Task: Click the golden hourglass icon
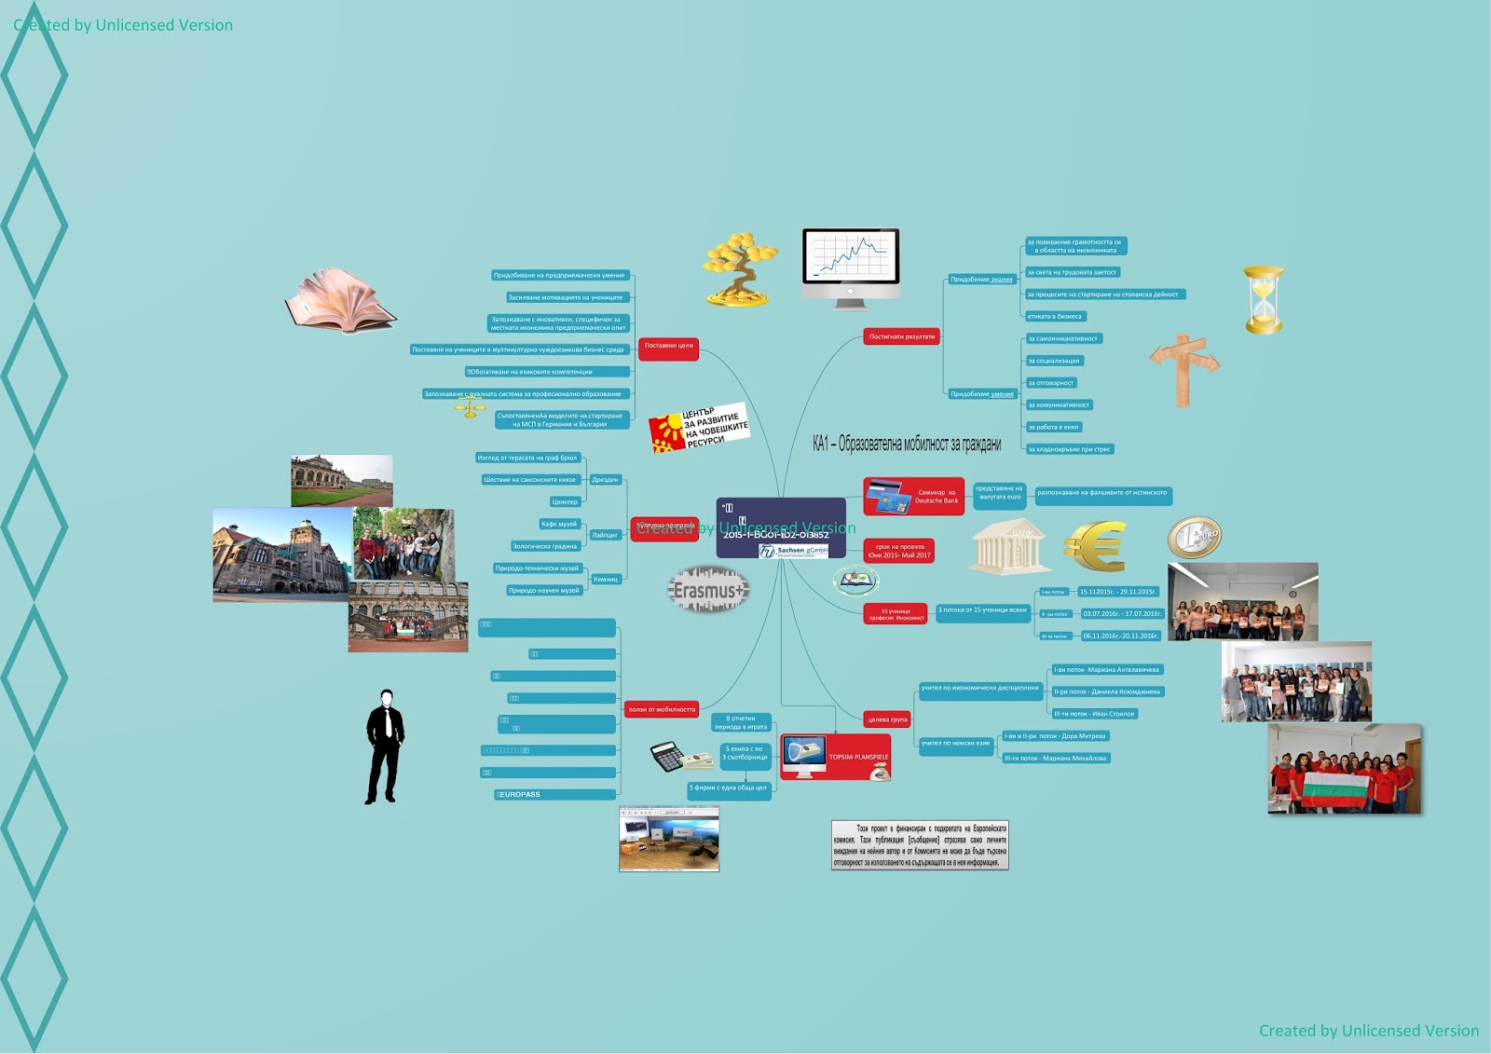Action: (x=1264, y=299)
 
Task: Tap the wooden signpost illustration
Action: (x=1183, y=369)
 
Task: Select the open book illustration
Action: (x=340, y=299)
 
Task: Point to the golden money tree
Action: (x=741, y=268)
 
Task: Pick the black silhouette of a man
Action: (x=384, y=746)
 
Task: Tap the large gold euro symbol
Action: (x=1097, y=545)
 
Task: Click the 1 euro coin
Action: (x=1194, y=537)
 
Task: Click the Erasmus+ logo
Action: (x=708, y=590)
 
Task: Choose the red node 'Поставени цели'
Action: (x=668, y=346)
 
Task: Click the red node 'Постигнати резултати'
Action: (x=901, y=336)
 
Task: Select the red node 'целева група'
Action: (x=886, y=719)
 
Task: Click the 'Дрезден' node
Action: (x=605, y=480)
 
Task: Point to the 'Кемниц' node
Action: (x=606, y=580)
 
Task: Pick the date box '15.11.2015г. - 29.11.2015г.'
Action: (x=1118, y=592)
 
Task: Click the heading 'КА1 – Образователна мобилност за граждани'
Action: (x=906, y=445)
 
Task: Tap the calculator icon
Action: (x=668, y=756)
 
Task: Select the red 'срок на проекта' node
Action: (x=899, y=551)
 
